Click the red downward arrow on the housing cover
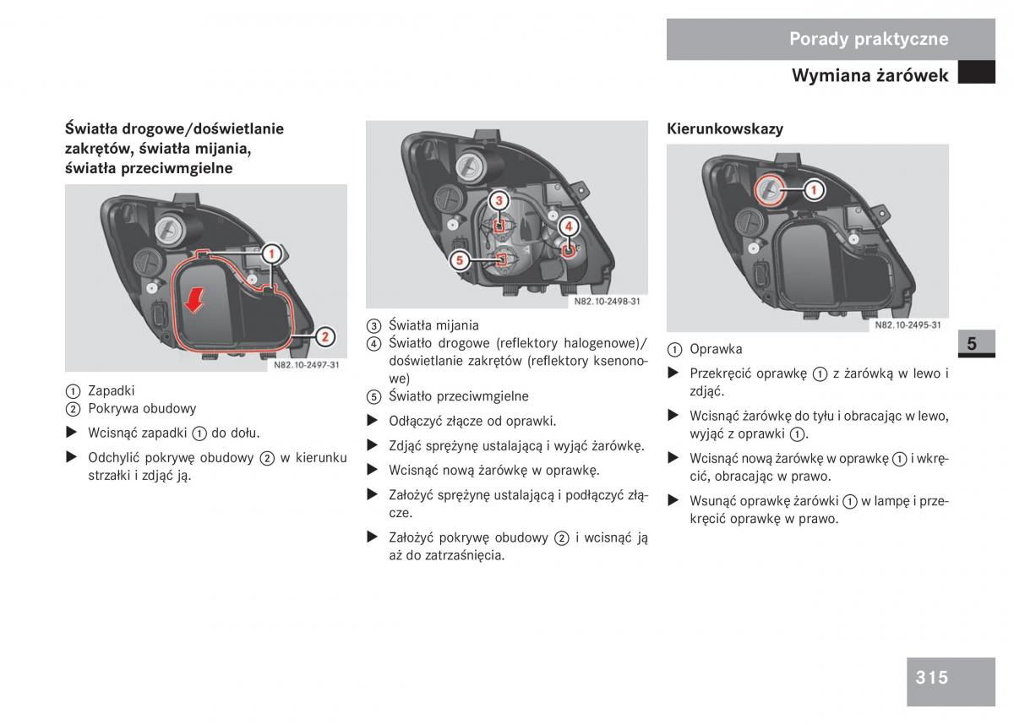pyautogui.click(x=194, y=301)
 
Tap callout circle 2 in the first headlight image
pyautogui.click(x=325, y=336)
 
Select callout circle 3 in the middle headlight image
pyautogui.click(x=499, y=200)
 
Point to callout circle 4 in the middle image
pyautogui.click(x=569, y=226)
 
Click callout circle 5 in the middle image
pyautogui.click(x=460, y=260)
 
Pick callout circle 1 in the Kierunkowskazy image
pyautogui.click(x=814, y=189)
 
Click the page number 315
pyautogui.click(x=931, y=678)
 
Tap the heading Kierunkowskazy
pyautogui.click(x=725, y=129)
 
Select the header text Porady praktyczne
pyautogui.click(x=869, y=39)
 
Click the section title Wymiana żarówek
pyautogui.click(x=870, y=75)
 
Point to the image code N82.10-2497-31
pyautogui.click(x=307, y=365)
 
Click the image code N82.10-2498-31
pyautogui.click(x=607, y=302)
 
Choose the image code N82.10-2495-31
pyautogui.click(x=908, y=325)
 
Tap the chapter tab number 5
pyautogui.click(x=972, y=344)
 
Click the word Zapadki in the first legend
pyautogui.click(x=111, y=390)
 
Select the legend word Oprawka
pyautogui.click(x=716, y=349)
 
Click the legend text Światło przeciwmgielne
pyautogui.click(x=459, y=396)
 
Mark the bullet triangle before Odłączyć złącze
pyautogui.click(x=372, y=421)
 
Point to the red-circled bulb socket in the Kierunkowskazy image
pyautogui.click(x=770, y=189)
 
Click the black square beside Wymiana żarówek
pyautogui.click(x=977, y=72)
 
